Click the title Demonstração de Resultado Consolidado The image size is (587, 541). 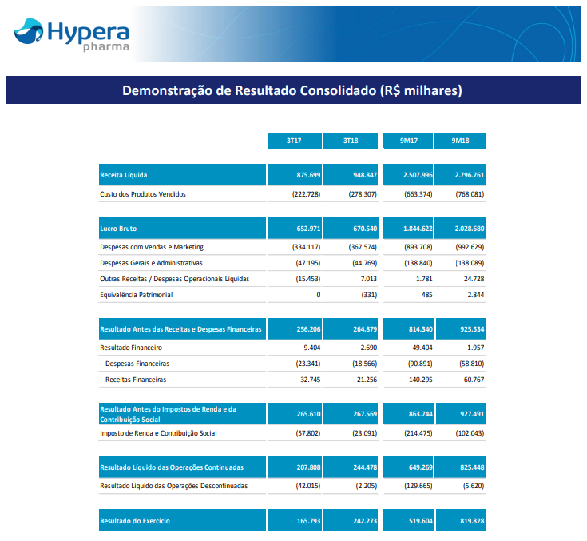(292, 90)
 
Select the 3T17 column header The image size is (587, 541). (294, 141)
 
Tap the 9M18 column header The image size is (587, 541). (459, 141)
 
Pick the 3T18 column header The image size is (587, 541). (351, 141)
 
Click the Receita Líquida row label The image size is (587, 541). (124, 174)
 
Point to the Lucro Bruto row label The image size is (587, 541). (118, 229)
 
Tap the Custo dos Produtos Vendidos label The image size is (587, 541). (143, 194)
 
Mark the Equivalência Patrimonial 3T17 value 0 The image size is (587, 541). (318, 295)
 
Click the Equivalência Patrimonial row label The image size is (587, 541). (136, 295)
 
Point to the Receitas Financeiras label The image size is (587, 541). (136, 380)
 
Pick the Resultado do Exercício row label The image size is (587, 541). (135, 521)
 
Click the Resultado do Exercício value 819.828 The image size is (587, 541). (467, 521)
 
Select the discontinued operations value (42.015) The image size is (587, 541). (304, 486)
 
